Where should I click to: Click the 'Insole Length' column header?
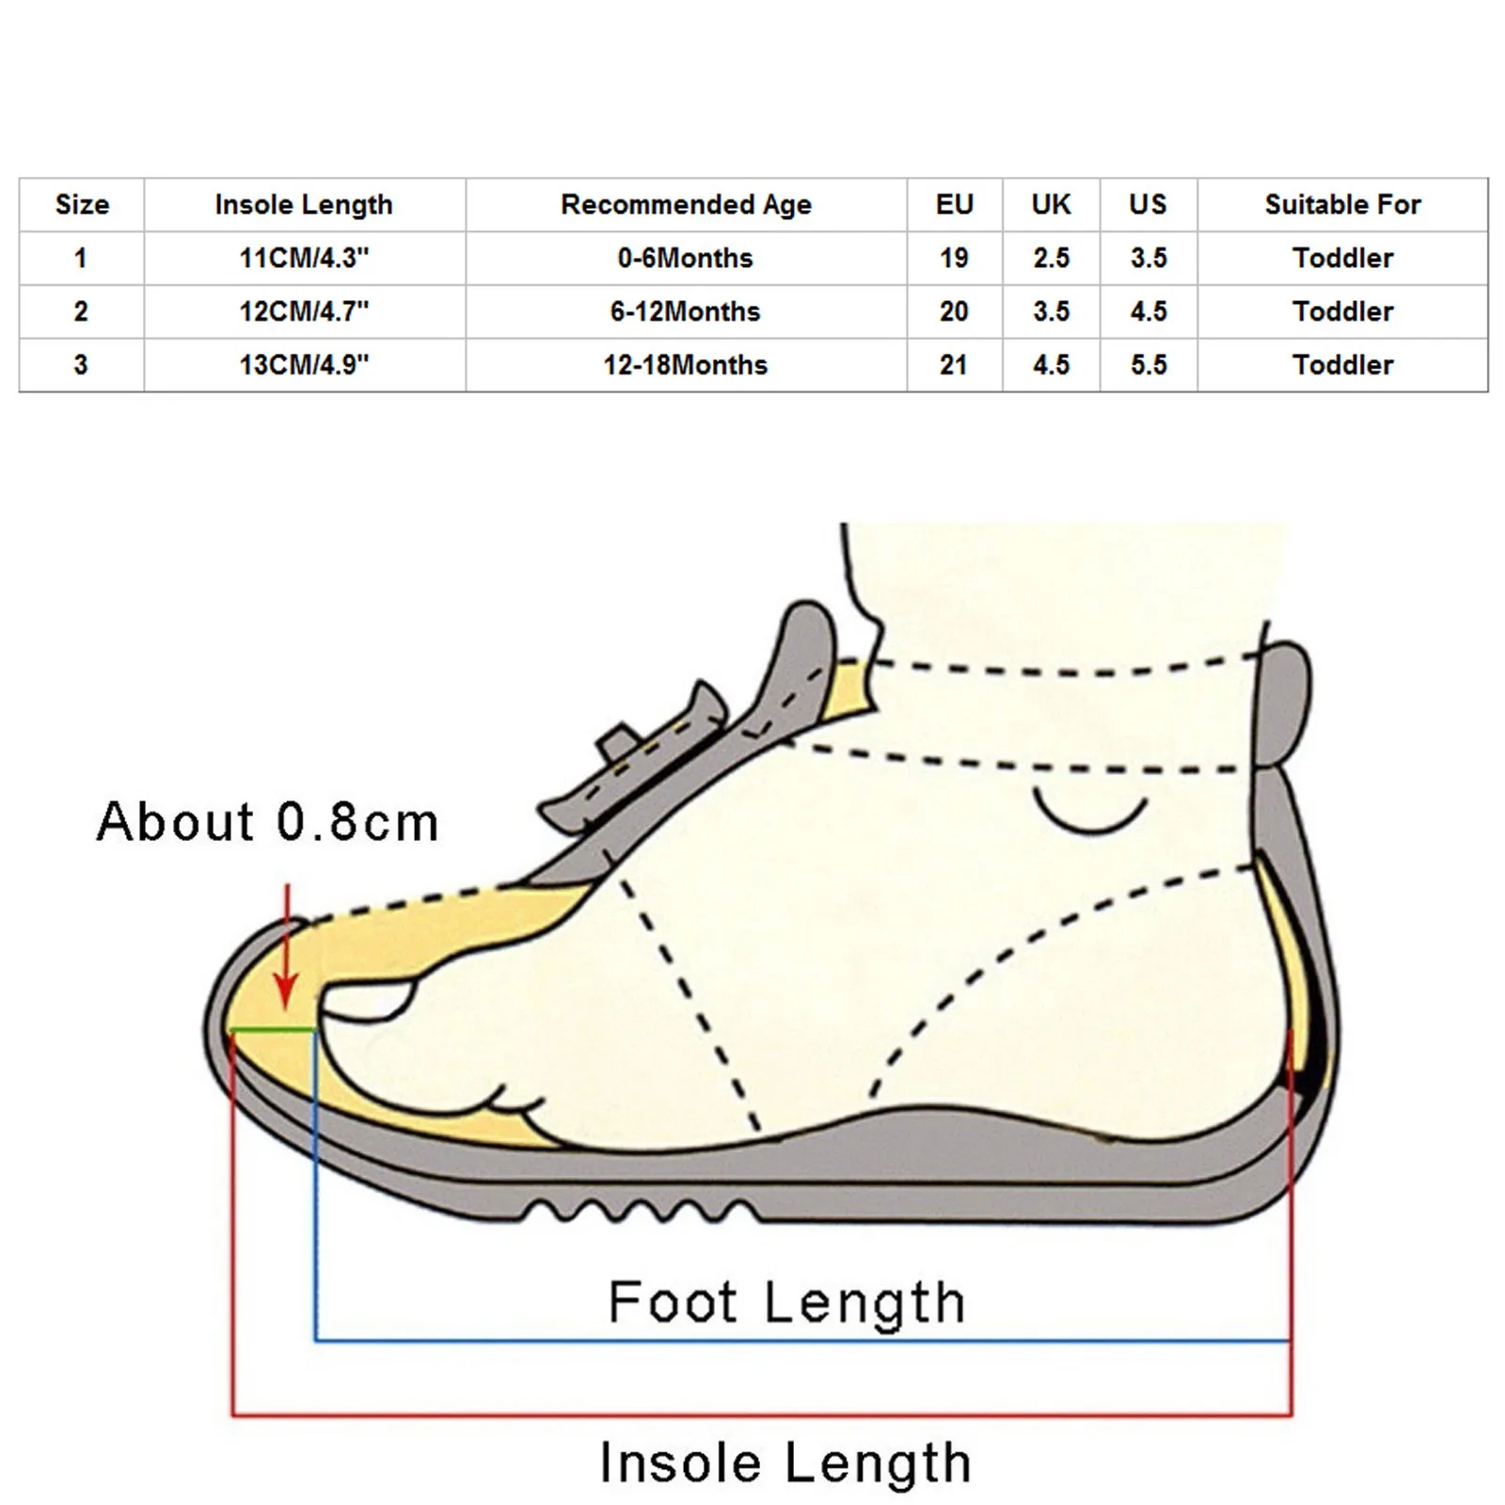click(x=304, y=204)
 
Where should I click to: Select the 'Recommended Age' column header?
click(x=686, y=204)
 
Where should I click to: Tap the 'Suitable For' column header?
click(x=1342, y=204)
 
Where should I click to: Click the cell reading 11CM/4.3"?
click(x=304, y=258)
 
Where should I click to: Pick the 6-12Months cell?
click(x=686, y=311)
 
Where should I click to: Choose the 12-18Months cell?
click(x=686, y=365)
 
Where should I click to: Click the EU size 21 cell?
click(x=954, y=365)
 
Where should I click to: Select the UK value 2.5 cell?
click(x=1051, y=258)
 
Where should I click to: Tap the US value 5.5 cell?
click(x=1149, y=365)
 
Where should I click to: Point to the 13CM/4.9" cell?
click(x=304, y=365)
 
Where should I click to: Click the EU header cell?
click(x=954, y=204)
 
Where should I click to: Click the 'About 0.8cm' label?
click(x=268, y=821)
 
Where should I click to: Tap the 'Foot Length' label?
click(x=786, y=1303)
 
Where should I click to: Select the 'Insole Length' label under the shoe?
click(x=785, y=1464)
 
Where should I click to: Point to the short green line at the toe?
click(x=273, y=1030)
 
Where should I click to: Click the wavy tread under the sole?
click(x=640, y=1208)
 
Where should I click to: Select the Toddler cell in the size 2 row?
click(x=1342, y=311)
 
